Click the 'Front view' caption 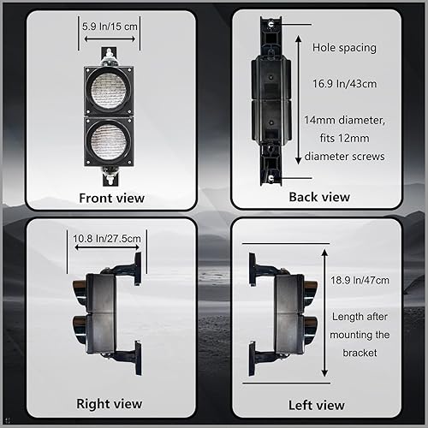pos(111,198)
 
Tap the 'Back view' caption pos(318,197)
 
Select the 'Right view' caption pos(109,404)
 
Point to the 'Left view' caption pos(318,405)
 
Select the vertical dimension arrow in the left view pos(325,313)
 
